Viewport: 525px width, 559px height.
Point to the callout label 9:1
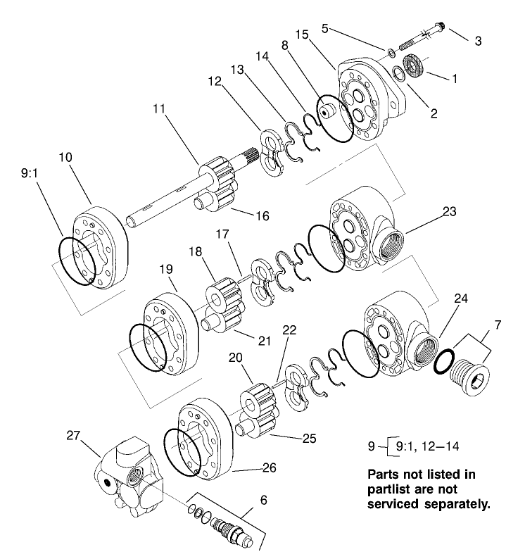(30, 170)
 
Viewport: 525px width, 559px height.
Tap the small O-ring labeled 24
(443, 362)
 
